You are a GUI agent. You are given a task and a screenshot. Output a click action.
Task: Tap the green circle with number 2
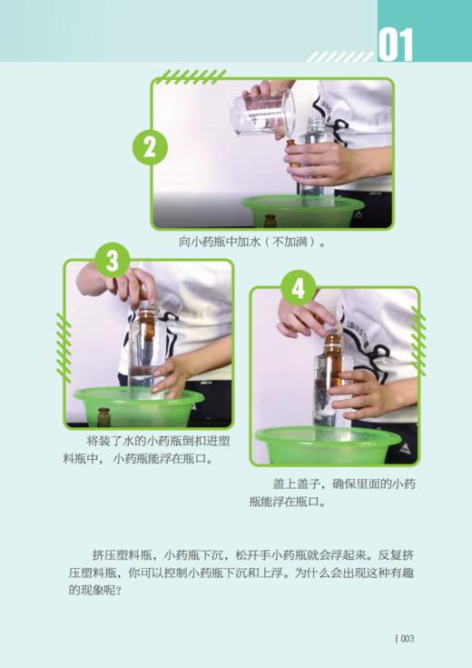[151, 146]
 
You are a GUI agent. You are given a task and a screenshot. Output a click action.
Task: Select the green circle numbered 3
[112, 261]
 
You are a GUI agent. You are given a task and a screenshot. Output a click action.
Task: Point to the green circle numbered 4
[299, 288]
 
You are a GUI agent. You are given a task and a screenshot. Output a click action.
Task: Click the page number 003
[405, 638]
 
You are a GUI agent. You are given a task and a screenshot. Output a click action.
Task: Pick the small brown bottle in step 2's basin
[270, 220]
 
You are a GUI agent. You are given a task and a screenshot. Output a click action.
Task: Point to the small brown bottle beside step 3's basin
[103, 416]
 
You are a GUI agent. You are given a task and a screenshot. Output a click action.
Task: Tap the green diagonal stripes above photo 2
[191, 76]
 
